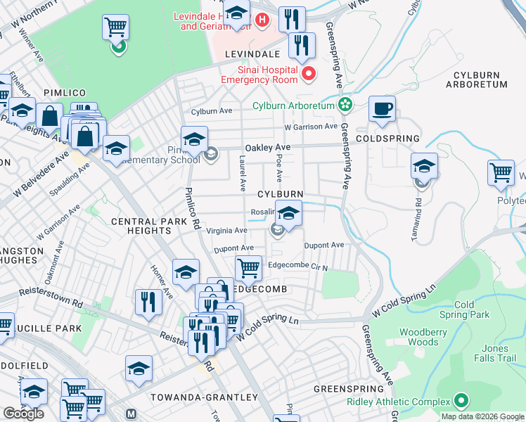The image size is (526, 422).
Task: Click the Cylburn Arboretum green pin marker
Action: (345, 106)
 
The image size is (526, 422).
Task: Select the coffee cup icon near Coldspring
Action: (382, 109)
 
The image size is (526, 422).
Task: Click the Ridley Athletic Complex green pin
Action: (461, 402)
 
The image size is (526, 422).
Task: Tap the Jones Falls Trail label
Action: (499, 353)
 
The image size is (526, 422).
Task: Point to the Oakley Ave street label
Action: (267, 148)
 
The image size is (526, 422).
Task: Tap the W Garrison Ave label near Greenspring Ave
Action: (311, 127)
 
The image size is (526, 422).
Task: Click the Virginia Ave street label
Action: (226, 230)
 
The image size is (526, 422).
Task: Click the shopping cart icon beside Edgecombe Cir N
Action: (248, 267)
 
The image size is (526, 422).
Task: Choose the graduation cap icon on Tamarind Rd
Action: (425, 166)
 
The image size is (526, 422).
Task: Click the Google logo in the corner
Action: (23, 414)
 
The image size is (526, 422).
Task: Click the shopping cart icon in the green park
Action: (115, 27)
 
